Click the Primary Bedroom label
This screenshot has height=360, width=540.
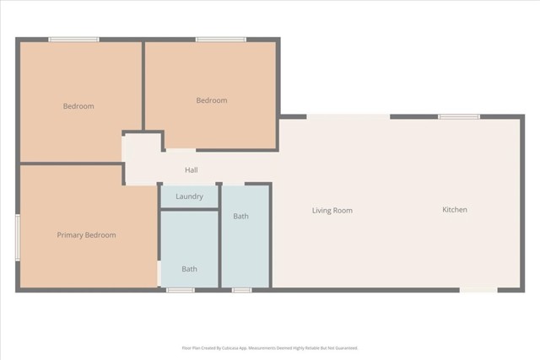(x=86, y=235)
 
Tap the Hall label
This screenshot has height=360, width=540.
(x=192, y=170)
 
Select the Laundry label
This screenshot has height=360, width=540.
(x=189, y=196)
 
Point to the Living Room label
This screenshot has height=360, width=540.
(x=332, y=211)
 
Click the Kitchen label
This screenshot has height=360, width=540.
(x=455, y=210)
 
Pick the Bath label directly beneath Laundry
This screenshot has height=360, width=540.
(x=189, y=270)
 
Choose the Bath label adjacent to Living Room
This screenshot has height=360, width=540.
(x=240, y=217)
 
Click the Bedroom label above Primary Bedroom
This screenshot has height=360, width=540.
(x=78, y=106)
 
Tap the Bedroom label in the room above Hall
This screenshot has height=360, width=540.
(x=212, y=101)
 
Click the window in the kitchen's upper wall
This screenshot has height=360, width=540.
(x=459, y=116)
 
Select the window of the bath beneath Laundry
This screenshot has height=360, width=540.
(x=181, y=290)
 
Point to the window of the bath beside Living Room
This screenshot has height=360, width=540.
(x=241, y=290)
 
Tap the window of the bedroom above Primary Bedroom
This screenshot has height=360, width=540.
(x=73, y=40)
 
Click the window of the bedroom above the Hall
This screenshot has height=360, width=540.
(x=221, y=40)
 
